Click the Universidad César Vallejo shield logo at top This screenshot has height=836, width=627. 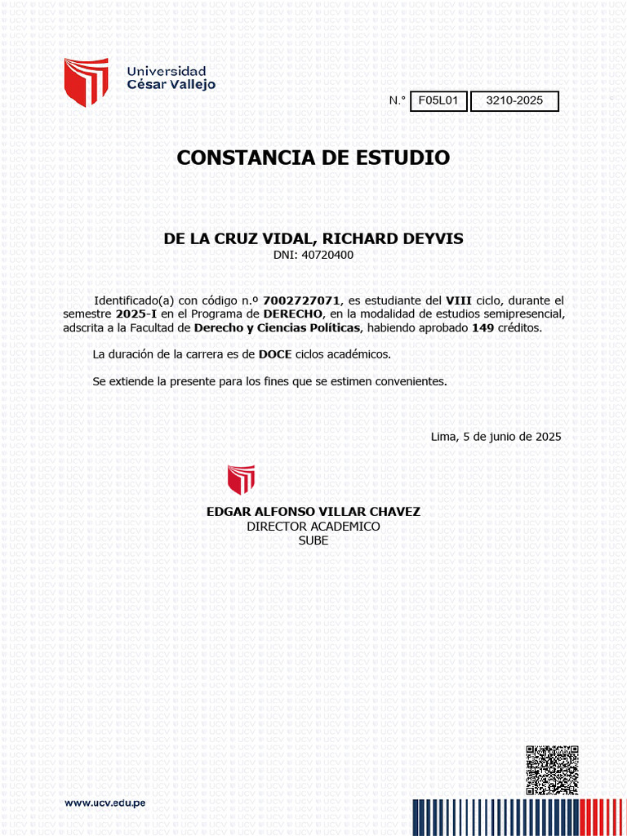(x=87, y=82)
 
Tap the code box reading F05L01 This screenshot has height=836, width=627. (x=438, y=101)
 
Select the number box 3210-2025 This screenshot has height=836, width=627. (x=514, y=101)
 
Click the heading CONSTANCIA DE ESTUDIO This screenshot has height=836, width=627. (x=313, y=158)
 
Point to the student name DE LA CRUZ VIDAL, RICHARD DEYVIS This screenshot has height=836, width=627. (x=313, y=239)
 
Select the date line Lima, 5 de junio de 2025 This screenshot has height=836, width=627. (x=496, y=437)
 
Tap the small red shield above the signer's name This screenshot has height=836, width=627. (x=241, y=479)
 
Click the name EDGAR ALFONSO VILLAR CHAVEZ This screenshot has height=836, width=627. (x=313, y=512)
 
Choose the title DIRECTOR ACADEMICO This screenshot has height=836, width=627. (x=313, y=527)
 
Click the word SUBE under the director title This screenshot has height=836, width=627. (x=313, y=540)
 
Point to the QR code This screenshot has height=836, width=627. (x=552, y=769)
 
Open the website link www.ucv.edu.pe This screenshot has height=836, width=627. (x=105, y=803)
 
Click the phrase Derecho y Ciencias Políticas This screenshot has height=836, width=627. (x=278, y=328)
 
